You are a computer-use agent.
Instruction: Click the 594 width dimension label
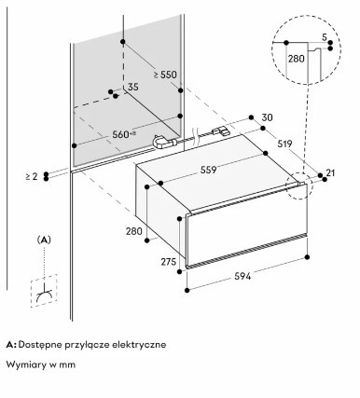[242, 276]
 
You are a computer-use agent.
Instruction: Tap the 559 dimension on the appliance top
[208, 170]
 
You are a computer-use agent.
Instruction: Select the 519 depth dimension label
[284, 144]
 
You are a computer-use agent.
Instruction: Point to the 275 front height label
[169, 262]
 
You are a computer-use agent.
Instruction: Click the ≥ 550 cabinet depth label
[165, 75]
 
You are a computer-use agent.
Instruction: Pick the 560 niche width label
[124, 134]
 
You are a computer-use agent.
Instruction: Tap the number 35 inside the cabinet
[132, 87]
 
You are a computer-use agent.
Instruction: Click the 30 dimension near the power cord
[267, 117]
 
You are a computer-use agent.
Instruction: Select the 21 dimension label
[330, 172]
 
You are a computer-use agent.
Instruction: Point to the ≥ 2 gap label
[32, 177]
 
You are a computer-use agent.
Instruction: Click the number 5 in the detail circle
[325, 37]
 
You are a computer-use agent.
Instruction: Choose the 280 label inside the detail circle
[296, 59]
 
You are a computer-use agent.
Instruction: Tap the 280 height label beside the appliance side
[134, 231]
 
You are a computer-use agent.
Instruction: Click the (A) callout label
[44, 240]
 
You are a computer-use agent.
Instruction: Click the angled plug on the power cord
[164, 142]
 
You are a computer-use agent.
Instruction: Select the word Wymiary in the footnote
[26, 364]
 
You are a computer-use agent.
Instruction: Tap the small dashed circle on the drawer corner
[299, 185]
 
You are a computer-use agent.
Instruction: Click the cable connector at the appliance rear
[220, 130]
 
